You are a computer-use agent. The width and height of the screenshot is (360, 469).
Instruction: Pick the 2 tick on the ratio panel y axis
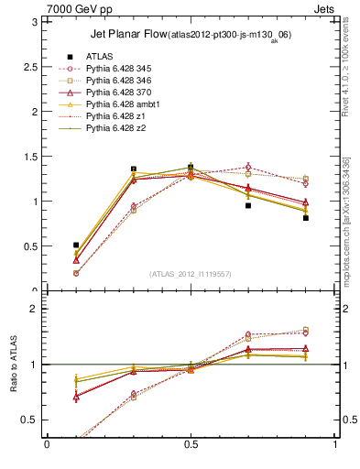pyautogui.click(x=33, y=310)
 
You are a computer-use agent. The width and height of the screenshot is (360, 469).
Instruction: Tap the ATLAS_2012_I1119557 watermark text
pyautogui.click(x=190, y=274)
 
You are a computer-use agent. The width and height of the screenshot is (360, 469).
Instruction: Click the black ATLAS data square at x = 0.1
pyautogui.click(x=76, y=245)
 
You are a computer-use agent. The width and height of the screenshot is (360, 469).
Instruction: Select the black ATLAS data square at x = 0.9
pyautogui.click(x=306, y=218)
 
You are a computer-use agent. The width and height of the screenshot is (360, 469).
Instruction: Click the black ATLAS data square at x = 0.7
pyautogui.click(x=248, y=205)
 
